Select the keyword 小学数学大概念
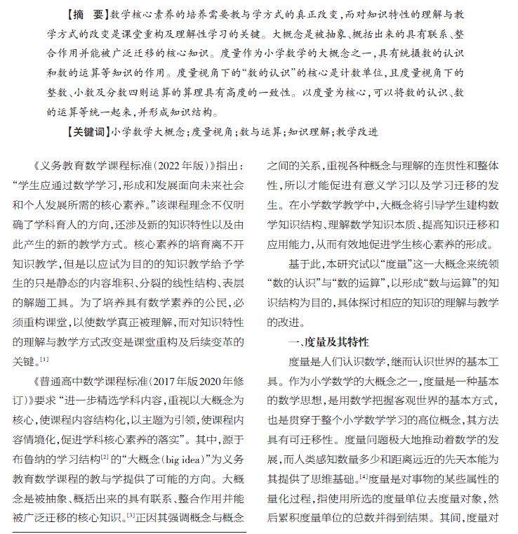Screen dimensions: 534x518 point(149,131)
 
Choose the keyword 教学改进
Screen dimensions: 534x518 point(357,131)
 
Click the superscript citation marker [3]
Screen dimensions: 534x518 point(131,516)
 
